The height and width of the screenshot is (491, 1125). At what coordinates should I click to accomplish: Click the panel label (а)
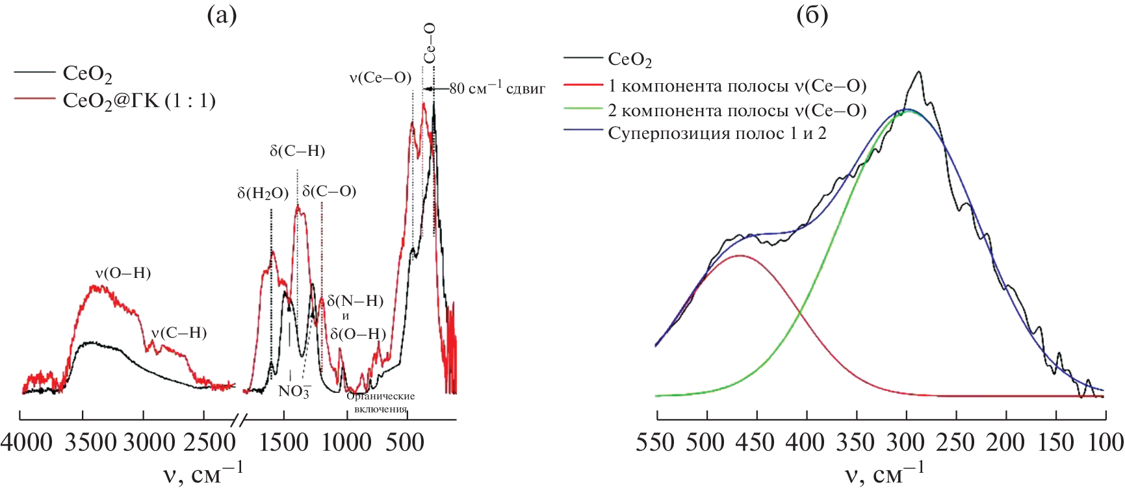pos(221,14)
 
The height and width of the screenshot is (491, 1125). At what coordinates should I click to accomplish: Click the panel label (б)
pos(812,14)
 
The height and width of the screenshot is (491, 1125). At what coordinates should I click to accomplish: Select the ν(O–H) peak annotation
pos(123,273)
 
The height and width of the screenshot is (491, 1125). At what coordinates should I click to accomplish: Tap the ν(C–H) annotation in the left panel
pos(179,333)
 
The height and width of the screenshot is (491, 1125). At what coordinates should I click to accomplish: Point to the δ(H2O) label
pos(263,193)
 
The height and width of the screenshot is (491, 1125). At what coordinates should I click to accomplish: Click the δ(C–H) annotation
pos(297,151)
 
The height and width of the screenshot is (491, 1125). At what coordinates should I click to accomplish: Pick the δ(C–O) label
pos(330,192)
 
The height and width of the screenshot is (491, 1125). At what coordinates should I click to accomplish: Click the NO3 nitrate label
pos(294,391)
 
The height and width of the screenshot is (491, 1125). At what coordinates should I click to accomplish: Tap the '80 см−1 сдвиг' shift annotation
pos(497,88)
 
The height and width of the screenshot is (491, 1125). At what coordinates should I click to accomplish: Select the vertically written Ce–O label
pos(430,43)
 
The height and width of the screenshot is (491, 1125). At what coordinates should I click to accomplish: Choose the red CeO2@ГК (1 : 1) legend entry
pos(138,101)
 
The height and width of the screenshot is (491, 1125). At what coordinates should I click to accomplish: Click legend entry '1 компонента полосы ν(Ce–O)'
pos(736,86)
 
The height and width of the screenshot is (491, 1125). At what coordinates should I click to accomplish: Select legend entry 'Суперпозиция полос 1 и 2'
pos(717,134)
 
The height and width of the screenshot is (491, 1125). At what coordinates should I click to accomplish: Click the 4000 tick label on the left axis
pos(26,443)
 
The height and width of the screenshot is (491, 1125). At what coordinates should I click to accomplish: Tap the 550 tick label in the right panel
pos(656,443)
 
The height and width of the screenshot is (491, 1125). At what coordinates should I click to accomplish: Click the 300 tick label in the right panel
pos(906,443)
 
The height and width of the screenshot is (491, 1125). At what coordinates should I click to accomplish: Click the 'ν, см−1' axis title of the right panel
pos(884,474)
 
